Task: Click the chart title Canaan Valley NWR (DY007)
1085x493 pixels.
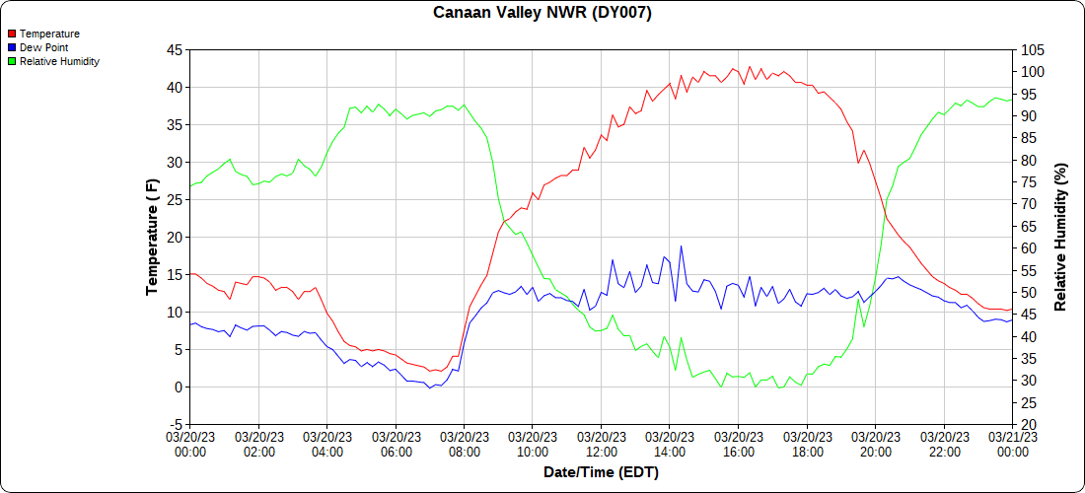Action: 542,13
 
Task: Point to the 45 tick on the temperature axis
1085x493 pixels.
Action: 174,49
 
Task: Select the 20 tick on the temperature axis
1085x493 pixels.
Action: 174,237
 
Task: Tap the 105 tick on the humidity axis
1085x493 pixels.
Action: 1033,49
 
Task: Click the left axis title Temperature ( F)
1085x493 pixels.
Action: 152,237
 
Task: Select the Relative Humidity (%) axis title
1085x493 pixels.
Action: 1060,237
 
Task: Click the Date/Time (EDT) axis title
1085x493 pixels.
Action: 601,472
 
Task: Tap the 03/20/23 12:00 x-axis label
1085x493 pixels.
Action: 601,445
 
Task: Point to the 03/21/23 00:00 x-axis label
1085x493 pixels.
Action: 1012,445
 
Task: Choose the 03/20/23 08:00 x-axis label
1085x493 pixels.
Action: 464,445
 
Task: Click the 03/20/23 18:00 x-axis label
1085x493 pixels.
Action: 807,445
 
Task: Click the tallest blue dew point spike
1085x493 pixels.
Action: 681,246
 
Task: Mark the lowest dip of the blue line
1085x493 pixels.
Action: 430,387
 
